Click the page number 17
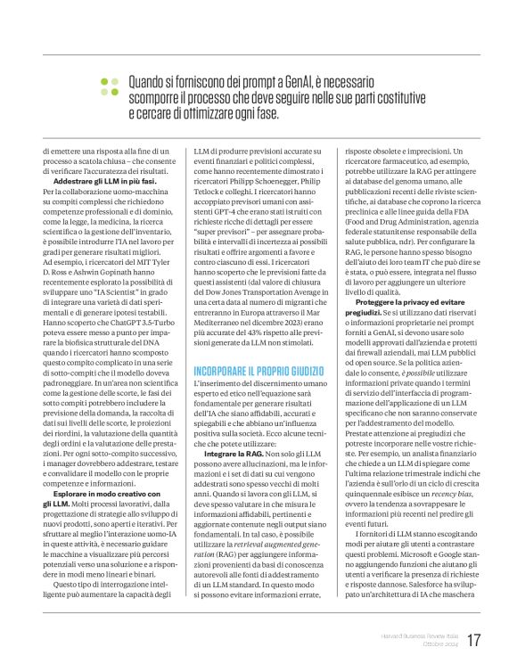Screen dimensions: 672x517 (x=474, y=641)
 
